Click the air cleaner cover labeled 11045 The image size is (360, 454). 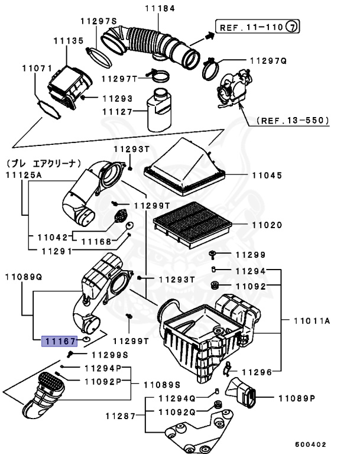pyautogui.click(x=185, y=168)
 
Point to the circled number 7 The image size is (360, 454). pyautogui.click(x=293, y=27)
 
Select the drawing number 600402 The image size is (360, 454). pyautogui.click(x=313, y=443)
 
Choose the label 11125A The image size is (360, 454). pyautogui.click(x=24, y=175)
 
